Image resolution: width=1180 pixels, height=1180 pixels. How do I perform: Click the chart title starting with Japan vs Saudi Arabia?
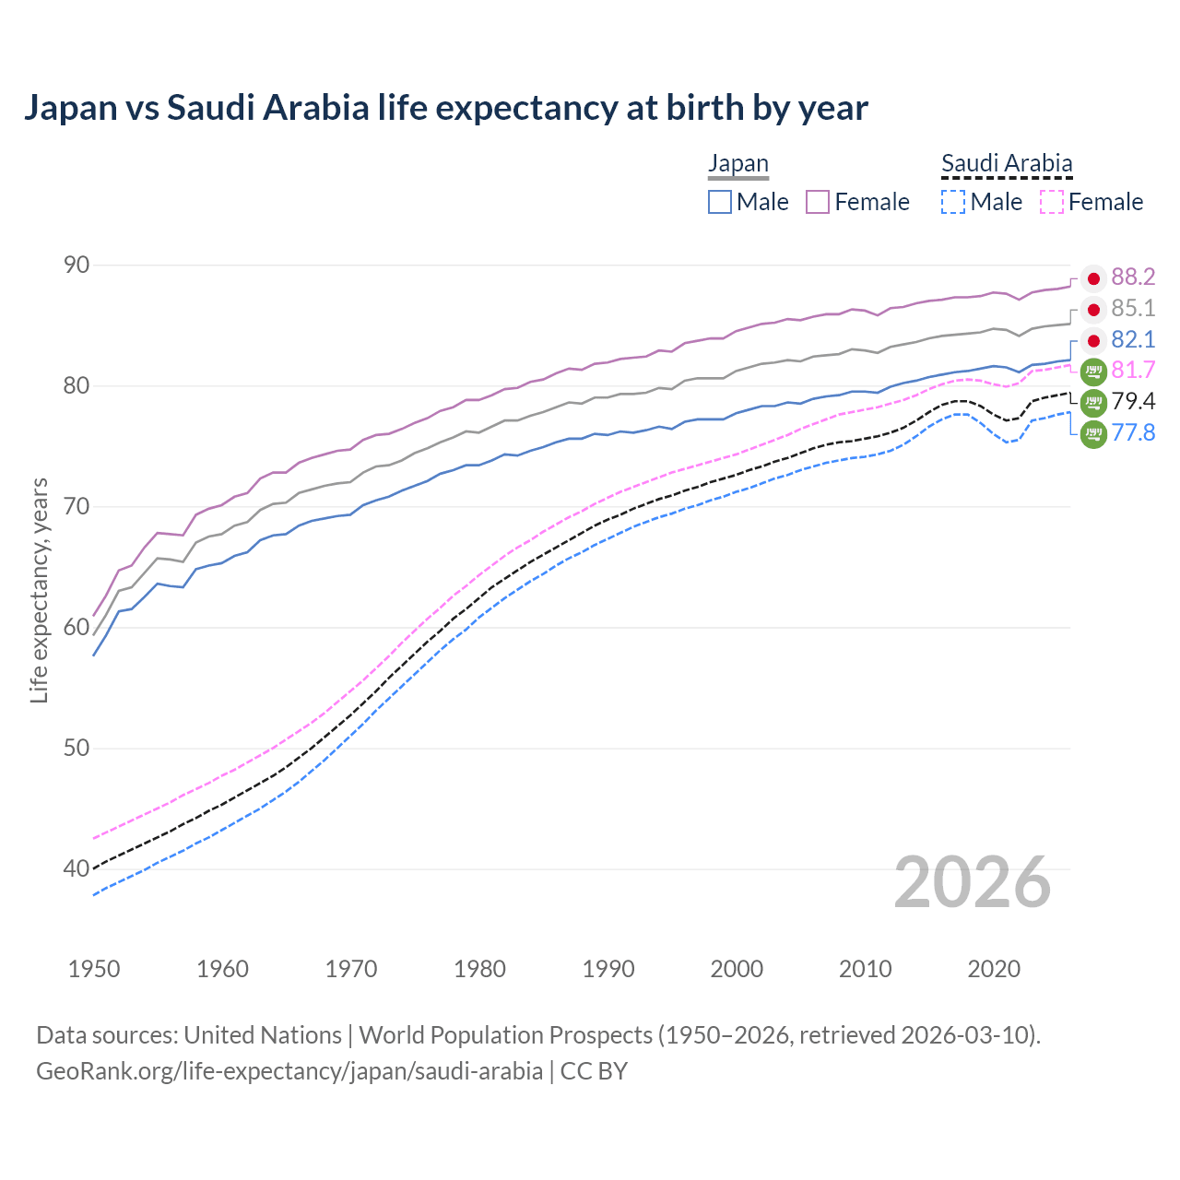coord(445,108)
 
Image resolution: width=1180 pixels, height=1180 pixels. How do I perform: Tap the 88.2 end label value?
coord(1133,277)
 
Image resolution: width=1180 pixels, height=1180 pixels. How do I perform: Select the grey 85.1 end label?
coord(1133,308)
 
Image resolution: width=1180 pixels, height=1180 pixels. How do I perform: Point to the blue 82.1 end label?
coord(1133,339)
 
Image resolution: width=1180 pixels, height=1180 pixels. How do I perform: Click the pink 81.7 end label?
coord(1133,371)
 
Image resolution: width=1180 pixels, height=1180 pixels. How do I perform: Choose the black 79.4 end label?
coord(1133,401)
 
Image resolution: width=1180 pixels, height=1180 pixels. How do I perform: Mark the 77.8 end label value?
coord(1133,432)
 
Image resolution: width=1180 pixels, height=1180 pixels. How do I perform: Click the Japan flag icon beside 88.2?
coord(1093,278)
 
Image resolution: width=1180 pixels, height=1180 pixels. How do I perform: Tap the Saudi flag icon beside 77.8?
coord(1093,433)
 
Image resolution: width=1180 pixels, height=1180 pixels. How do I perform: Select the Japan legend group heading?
coord(737,164)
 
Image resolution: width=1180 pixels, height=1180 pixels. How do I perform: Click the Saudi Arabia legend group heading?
coord(1007,164)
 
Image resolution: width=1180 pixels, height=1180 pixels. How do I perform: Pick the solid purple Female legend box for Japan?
coord(818,202)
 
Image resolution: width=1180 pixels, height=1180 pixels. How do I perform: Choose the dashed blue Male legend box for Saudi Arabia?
coord(953,202)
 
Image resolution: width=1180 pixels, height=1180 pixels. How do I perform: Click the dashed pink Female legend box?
coord(1052,202)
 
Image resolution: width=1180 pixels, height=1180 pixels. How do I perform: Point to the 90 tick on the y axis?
coord(77,265)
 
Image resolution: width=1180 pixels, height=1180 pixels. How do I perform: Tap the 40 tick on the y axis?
coord(77,868)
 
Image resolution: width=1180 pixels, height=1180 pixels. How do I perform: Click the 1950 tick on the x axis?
coord(94,969)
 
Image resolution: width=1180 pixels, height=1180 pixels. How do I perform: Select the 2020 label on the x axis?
coord(994,969)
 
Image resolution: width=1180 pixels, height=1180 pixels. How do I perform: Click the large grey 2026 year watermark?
coord(973,882)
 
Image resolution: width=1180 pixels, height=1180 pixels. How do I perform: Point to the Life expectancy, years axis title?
coord(40,590)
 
